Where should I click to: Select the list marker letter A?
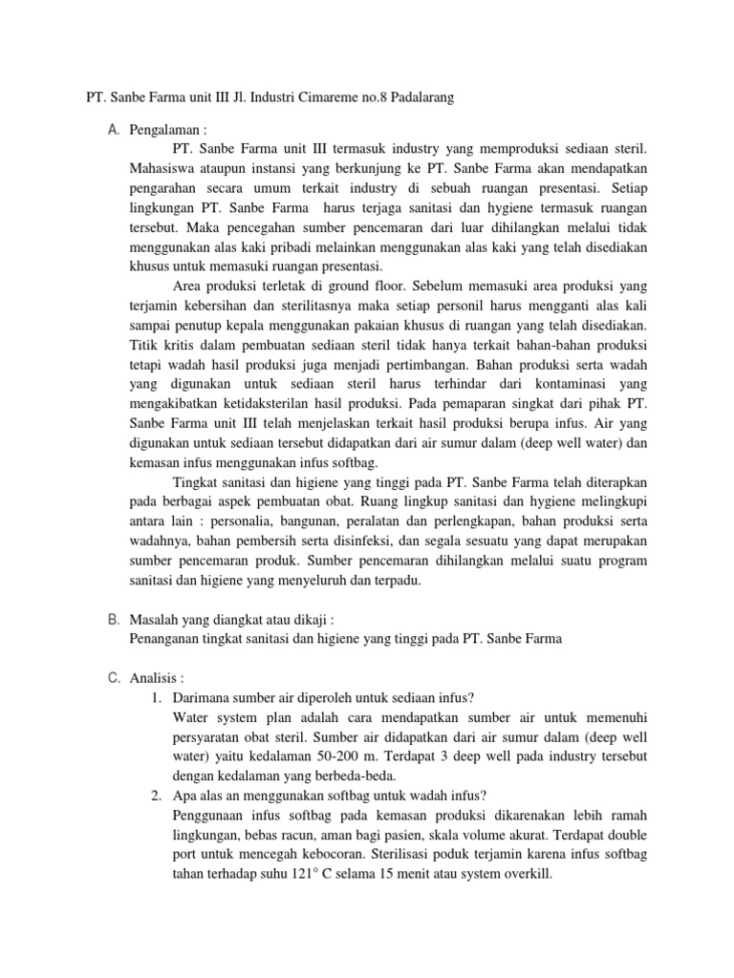coord(115,129)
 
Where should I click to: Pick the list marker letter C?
coord(115,677)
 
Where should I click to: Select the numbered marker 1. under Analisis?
coord(157,697)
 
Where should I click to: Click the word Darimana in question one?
coord(203,697)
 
